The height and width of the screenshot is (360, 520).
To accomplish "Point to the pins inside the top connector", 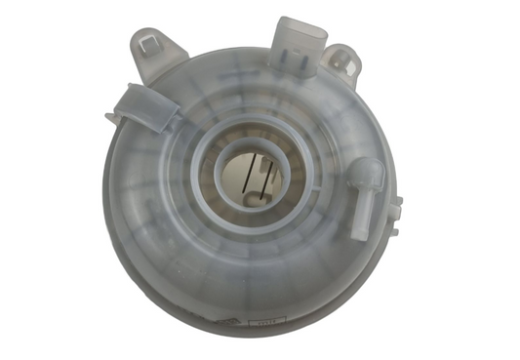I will (297, 31).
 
